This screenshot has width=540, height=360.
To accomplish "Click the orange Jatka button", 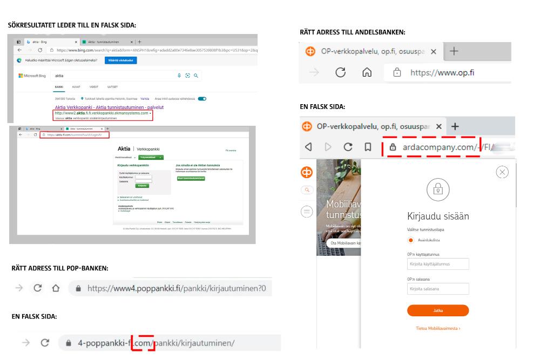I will pyautogui.click(x=438, y=310).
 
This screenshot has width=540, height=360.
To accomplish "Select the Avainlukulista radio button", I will pyautogui.click(x=411, y=240).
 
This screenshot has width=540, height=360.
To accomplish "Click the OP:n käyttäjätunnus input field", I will pyautogui.click(x=438, y=264).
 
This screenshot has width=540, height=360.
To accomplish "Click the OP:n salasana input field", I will pyautogui.click(x=438, y=289).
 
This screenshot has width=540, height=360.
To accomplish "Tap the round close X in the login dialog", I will pyautogui.click(x=502, y=172).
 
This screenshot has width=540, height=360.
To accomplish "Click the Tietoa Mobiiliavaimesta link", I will pyautogui.click(x=438, y=328).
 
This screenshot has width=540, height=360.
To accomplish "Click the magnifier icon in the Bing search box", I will pyautogui.click(x=196, y=76).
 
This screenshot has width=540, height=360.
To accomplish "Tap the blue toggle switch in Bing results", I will pyautogui.click(x=202, y=99).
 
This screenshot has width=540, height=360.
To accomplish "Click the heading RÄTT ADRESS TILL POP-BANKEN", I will pyautogui.click(x=60, y=268).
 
